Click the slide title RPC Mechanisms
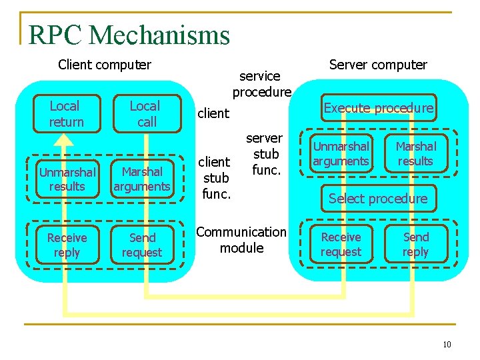pos(129,35)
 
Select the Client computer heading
pos(105,65)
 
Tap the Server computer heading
pos(378,65)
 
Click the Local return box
pos(65,114)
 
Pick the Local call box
pos(145,114)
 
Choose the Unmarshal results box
pos(67,179)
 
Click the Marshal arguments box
pos(142,179)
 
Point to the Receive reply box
pos(67,245)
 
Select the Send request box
pos(142,245)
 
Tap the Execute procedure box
pos(378,109)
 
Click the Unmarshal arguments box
pos(341,154)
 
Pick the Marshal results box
pos(416,154)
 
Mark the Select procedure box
pos(378,199)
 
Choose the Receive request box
pos(341,244)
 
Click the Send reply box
pos(416,244)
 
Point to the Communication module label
pos(241,240)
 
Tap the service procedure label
pos(261,84)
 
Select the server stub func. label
pos(265,154)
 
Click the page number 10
pos(446,345)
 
